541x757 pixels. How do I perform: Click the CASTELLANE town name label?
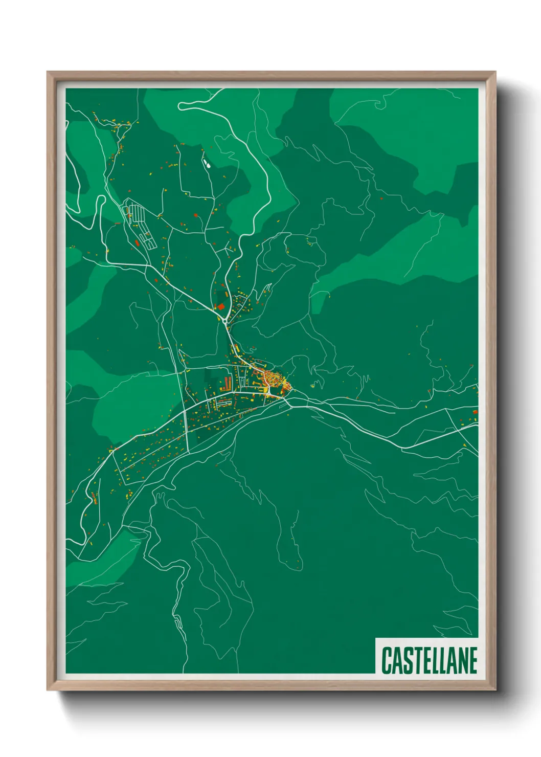point(429,660)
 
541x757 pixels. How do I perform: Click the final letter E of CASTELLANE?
point(473,661)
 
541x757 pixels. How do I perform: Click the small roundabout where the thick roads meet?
point(225,320)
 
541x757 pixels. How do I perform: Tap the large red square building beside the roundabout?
point(221,306)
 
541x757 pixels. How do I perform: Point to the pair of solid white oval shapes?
point(207,163)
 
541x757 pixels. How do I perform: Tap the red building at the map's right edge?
point(475,411)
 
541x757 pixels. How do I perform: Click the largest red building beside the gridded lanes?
point(137,242)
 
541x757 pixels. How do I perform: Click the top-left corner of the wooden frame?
point(48,72)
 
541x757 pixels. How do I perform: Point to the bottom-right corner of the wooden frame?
point(495,690)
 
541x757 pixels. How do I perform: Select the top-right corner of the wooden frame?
point(495,72)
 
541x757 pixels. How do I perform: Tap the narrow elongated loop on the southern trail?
point(177,622)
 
